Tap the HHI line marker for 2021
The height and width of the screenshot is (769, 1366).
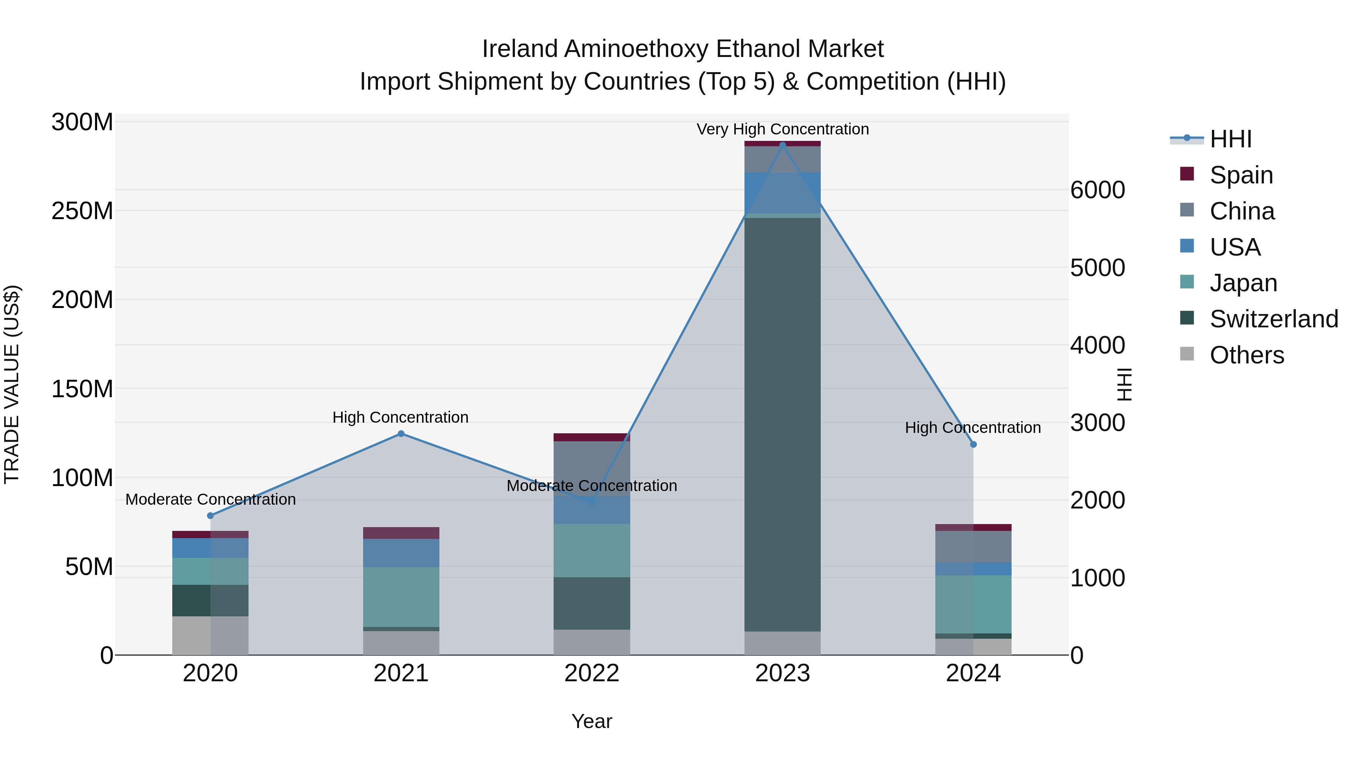(401, 434)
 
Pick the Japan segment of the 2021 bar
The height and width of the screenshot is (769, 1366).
(401, 597)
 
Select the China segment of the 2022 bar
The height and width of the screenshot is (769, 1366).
(592, 467)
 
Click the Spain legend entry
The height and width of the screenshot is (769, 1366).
(1241, 175)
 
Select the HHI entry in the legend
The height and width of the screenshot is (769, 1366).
(1230, 139)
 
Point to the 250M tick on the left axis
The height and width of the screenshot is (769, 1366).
(82, 211)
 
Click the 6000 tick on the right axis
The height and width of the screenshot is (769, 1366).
(1097, 190)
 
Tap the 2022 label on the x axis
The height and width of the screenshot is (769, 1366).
(592, 673)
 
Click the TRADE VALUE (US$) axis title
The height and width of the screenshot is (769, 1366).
(12, 384)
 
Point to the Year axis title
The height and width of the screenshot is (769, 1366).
(592, 721)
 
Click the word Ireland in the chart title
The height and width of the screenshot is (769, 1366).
(520, 49)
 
